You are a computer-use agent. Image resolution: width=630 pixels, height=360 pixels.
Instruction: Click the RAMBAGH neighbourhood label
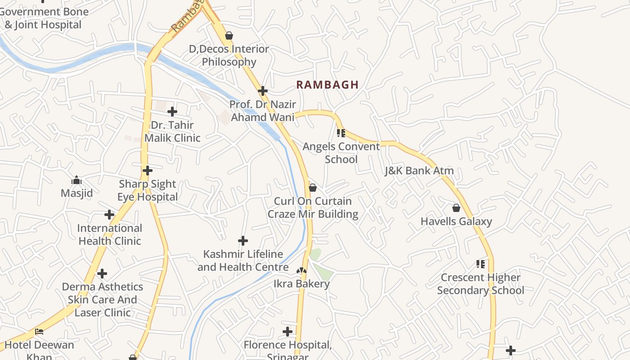pos(327,85)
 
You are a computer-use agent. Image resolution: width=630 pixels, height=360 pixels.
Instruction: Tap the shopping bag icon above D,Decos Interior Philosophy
pos(229,36)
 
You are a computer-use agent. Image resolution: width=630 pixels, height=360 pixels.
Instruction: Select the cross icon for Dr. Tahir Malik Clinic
pos(172,112)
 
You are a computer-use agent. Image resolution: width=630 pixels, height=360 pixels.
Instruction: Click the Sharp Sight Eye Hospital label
pos(148,190)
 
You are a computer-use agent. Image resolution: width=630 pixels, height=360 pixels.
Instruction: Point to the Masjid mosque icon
pos(76,180)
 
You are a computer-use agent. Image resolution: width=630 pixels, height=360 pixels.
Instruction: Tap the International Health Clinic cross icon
pos(109,215)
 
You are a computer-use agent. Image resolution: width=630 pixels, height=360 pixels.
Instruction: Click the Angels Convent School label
pos(341,153)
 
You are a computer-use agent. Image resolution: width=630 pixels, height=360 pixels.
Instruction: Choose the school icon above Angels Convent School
pos(341,133)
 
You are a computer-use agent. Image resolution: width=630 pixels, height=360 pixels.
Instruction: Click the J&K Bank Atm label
pos(419,171)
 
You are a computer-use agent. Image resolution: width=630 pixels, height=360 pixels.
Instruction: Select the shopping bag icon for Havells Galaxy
pos(456,208)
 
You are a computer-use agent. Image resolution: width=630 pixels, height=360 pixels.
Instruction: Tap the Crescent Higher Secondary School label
pos(481,284)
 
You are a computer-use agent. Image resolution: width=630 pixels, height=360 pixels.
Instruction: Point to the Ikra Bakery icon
pos(301,271)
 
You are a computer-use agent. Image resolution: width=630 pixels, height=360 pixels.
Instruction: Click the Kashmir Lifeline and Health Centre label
pos(243,261)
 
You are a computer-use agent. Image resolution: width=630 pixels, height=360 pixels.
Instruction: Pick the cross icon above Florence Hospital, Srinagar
pos(288,332)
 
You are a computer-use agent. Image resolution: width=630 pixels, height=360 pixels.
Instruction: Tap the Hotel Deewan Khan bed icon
pos(39,332)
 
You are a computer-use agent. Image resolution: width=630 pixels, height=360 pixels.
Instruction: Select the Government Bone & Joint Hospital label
pos(44,18)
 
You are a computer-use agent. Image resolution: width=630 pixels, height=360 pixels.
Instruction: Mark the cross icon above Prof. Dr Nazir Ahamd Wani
pos(263,91)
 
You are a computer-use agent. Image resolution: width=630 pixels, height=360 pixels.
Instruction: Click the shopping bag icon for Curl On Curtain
pos(313,188)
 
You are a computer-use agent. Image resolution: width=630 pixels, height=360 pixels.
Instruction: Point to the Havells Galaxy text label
pos(456,221)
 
